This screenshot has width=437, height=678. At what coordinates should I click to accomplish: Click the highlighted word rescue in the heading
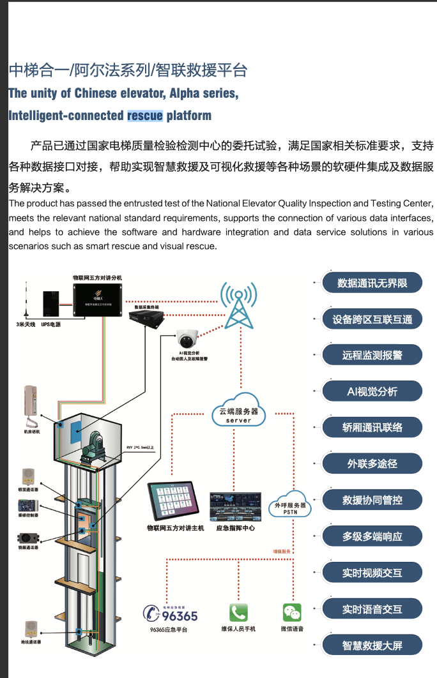tap(145, 116)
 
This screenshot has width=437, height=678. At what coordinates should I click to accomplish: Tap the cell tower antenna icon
tap(238, 303)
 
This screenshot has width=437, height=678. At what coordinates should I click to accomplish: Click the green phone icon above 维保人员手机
tap(238, 612)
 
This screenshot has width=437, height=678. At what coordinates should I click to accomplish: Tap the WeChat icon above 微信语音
tap(292, 612)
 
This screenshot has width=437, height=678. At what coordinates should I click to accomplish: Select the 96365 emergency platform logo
tap(171, 614)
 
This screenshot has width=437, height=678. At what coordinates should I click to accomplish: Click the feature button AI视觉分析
tap(372, 391)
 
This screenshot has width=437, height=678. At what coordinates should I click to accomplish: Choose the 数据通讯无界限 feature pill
tap(372, 282)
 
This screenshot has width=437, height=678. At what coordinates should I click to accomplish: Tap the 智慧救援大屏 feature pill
tap(372, 645)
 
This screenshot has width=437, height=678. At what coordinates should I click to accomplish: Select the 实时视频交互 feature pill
tap(372, 573)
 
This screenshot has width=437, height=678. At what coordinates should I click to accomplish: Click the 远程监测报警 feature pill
tap(372, 355)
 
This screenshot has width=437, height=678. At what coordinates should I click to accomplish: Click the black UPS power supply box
tap(51, 304)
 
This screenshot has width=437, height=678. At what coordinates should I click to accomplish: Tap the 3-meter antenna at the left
tap(26, 299)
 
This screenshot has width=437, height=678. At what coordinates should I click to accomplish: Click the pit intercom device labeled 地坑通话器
tap(30, 628)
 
